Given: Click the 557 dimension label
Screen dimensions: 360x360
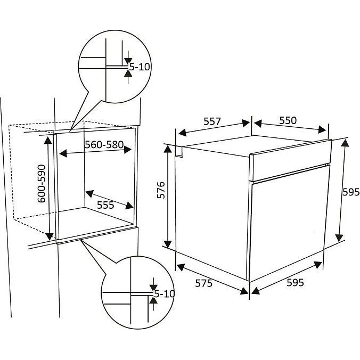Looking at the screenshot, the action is tap(212, 121).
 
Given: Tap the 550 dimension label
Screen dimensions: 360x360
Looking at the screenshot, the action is tap(288, 120).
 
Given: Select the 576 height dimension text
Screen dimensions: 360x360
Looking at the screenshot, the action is tap(161, 190).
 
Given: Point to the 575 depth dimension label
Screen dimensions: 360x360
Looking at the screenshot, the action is tap(203, 283).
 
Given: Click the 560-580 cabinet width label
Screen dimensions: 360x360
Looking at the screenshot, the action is tap(104, 145).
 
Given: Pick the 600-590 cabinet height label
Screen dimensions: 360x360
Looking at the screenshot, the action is tap(42, 184).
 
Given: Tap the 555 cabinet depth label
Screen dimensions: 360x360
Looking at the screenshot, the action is tap(105, 205).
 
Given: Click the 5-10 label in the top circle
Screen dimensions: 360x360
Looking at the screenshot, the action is tap(140, 67).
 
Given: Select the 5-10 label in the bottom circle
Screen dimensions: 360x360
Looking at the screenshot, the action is tap(164, 293).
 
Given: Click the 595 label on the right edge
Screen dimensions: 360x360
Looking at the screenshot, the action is tap(351, 192).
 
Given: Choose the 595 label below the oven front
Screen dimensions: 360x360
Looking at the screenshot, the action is tap(295, 283).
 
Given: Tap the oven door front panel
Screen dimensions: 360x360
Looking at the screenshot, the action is tap(289, 223).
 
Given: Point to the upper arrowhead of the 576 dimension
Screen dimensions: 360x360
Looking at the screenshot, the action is tap(168, 150).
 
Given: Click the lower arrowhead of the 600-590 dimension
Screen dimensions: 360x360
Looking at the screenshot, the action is tap(50, 236).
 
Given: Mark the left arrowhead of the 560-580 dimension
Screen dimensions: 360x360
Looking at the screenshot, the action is tap(63, 153).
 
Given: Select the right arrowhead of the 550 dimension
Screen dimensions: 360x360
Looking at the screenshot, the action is tap(322, 129).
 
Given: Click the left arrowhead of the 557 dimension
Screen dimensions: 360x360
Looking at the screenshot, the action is tap(182, 133).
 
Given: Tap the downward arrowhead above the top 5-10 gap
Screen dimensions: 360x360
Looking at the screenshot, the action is tap(128, 61).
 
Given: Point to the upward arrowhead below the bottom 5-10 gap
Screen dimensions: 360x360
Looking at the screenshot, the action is tap(153, 300).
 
